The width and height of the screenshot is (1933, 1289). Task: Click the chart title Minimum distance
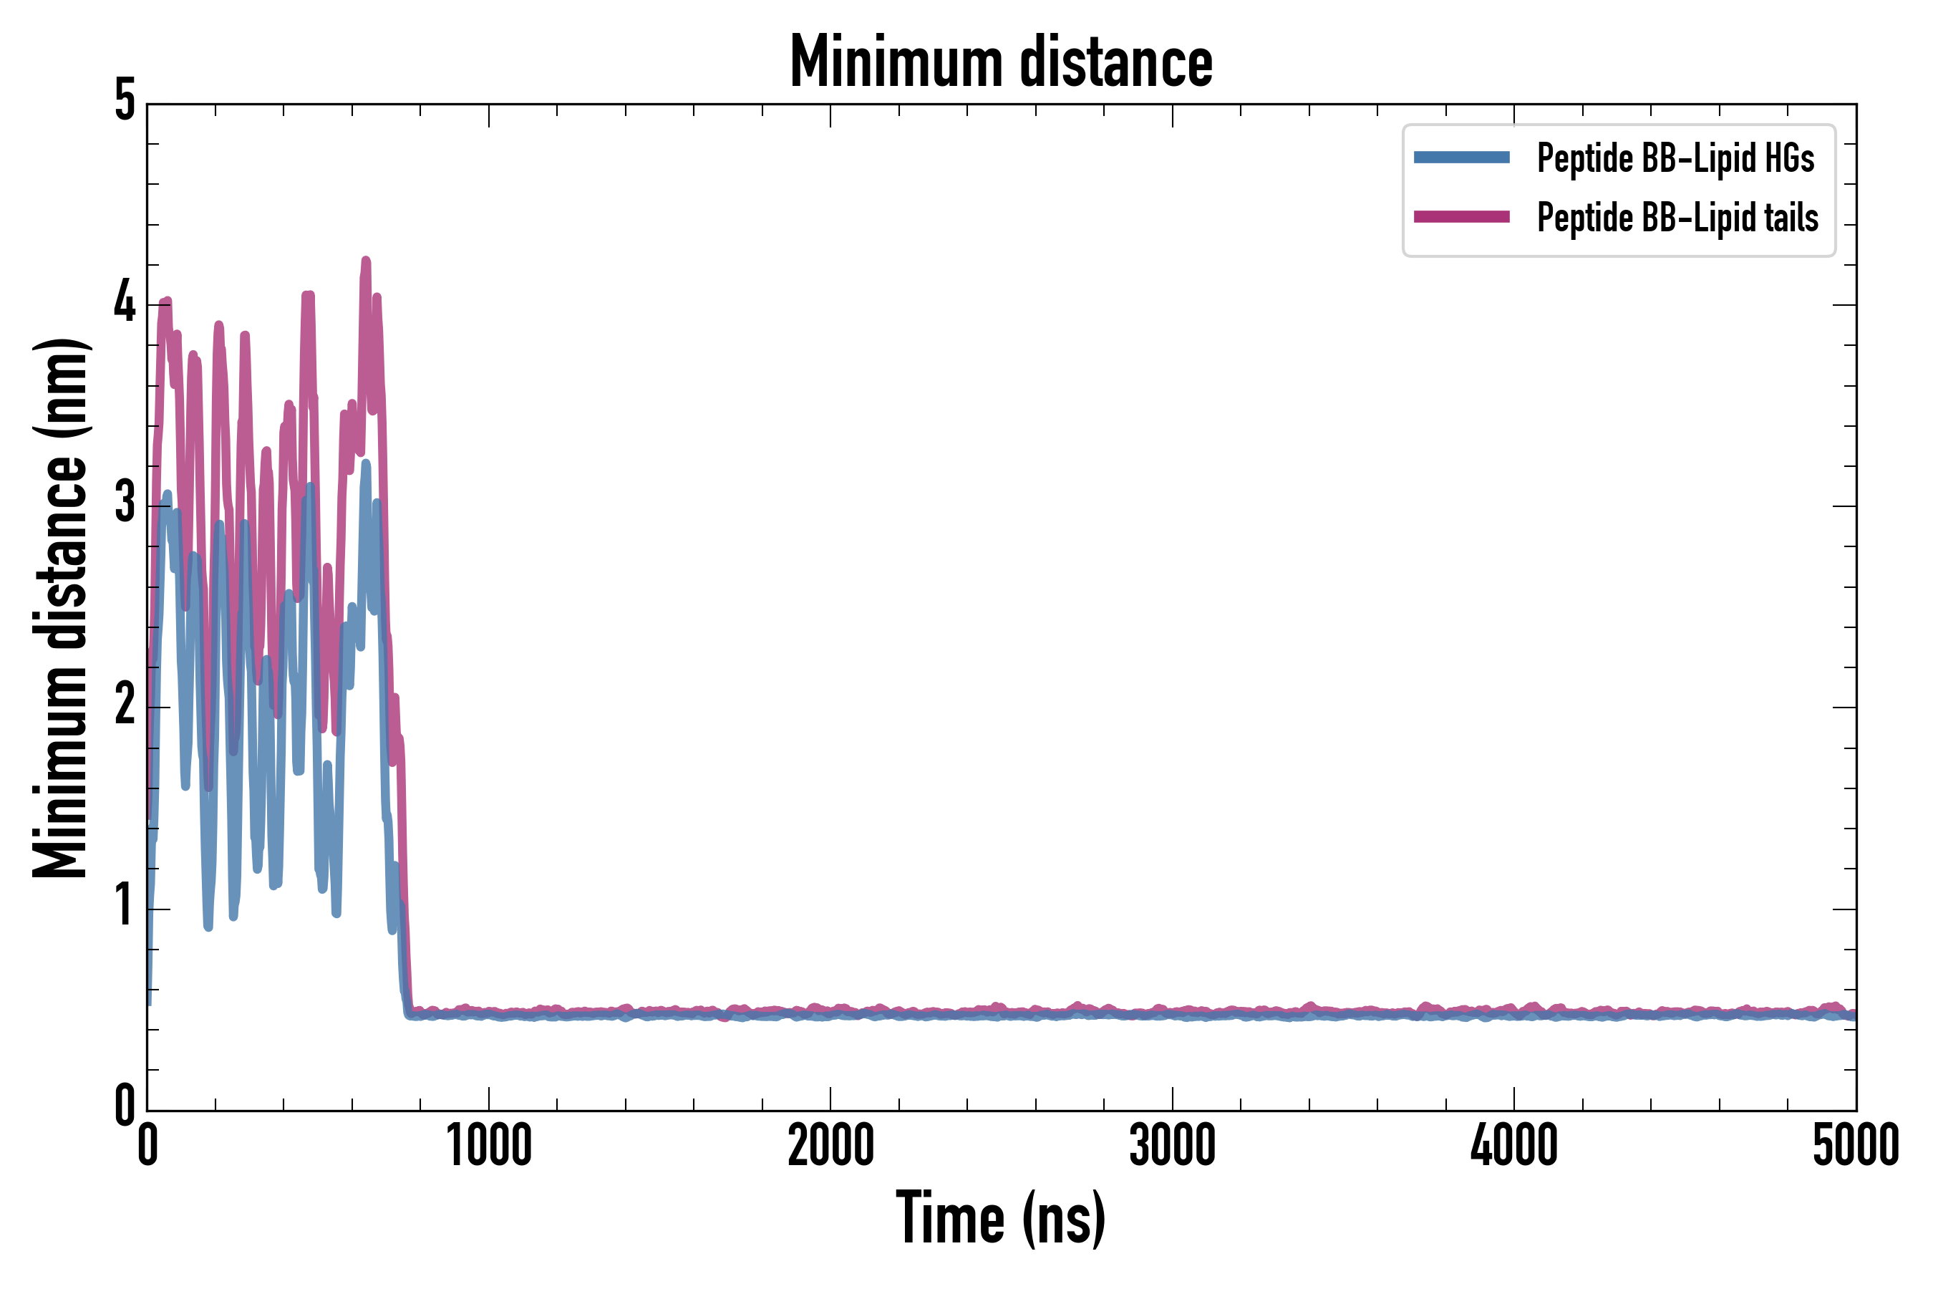1000,62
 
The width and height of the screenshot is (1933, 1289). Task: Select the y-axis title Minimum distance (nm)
60,608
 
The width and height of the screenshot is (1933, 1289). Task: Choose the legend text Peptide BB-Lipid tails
1677,218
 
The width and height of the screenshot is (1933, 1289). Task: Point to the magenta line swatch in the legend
1461,217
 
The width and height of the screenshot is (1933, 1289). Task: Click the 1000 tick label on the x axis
489,1145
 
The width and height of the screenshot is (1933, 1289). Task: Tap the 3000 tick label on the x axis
1172,1145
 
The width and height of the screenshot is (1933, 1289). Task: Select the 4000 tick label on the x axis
1514,1145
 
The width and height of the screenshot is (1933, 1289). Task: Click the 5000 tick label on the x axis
1855,1145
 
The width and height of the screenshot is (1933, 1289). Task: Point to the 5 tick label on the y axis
124,102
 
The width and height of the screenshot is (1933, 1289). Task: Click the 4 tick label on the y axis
124,304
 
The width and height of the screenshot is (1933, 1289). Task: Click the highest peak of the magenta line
366,261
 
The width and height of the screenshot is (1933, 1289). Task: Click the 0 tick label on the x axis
148,1145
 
